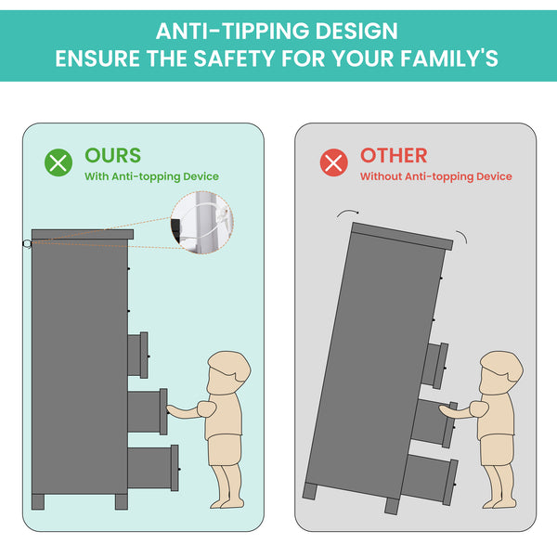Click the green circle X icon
[58, 162]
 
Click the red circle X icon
[333, 162]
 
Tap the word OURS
[113, 155]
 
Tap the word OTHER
[394, 156]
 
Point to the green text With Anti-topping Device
[151, 176]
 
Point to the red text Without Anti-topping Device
[436, 176]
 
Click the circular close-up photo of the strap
[201, 223]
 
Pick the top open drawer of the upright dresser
[137, 355]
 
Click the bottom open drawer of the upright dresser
[153, 468]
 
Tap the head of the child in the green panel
[228, 372]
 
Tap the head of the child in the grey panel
[500, 372]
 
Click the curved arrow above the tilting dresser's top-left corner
[347, 212]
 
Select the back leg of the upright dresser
[38, 501]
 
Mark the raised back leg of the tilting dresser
[310, 491]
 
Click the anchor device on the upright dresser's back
[27, 244]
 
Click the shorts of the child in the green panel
[224, 449]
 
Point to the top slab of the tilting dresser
[402, 236]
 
